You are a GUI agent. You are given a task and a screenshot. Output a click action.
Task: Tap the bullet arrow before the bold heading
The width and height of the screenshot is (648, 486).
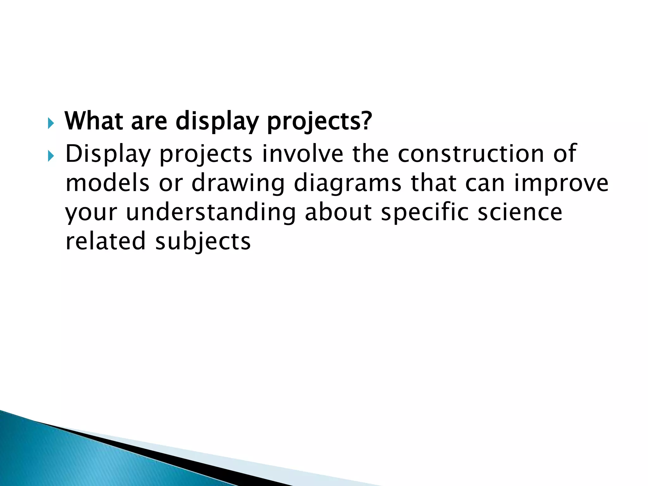point(51,123)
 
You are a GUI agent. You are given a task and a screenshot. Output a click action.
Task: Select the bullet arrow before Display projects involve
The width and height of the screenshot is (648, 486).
point(51,156)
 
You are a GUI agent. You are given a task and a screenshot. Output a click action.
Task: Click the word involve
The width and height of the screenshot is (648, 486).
point(302,153)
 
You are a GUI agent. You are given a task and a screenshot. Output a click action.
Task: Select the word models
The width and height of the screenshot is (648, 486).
point(107,183)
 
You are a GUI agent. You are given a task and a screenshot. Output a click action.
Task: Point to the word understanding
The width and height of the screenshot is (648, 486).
point(211,212)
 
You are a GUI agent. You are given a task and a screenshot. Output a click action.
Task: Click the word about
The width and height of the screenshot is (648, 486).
point(338,212)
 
